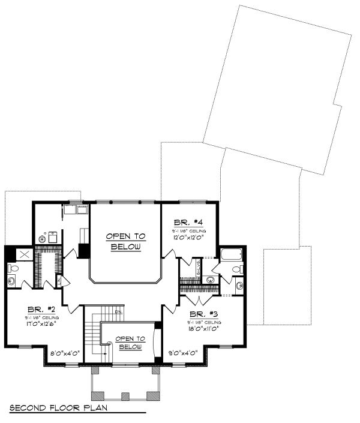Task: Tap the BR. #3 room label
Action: pos(203,314)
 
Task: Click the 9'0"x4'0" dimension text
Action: pos(183,353)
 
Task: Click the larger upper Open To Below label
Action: pos(125,242)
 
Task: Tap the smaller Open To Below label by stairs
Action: pos(130,343)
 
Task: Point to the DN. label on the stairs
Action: pos(119,312)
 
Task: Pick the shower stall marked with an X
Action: pos(24,254)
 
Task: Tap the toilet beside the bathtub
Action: pos(238,269)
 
